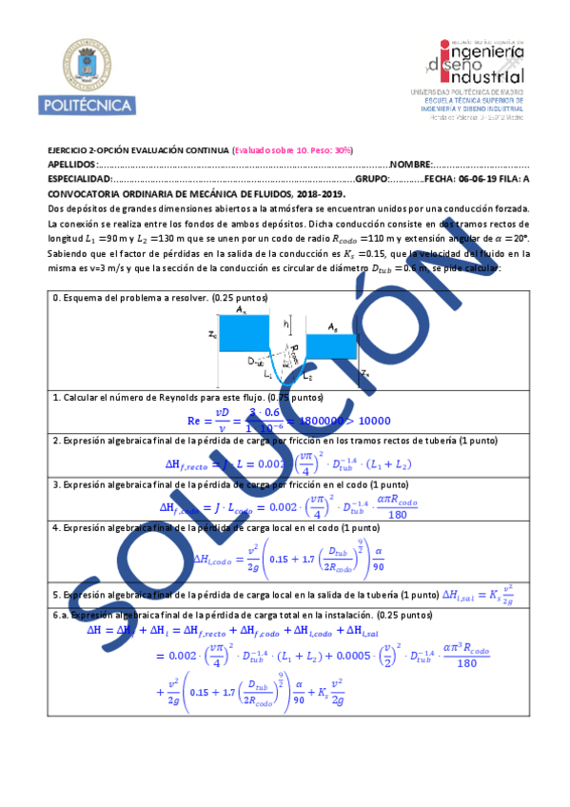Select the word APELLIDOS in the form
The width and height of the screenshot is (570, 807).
coord(70,164)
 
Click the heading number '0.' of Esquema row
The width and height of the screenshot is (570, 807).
coord(56,298)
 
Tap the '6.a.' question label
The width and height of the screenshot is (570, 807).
coord(61,616)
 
